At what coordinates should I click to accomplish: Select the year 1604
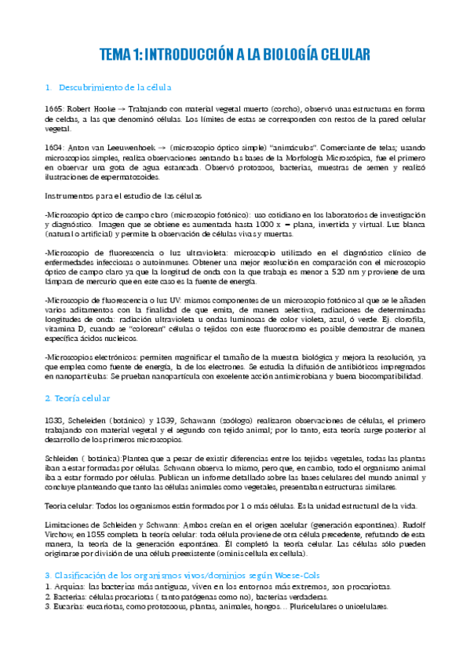pos(55,147)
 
